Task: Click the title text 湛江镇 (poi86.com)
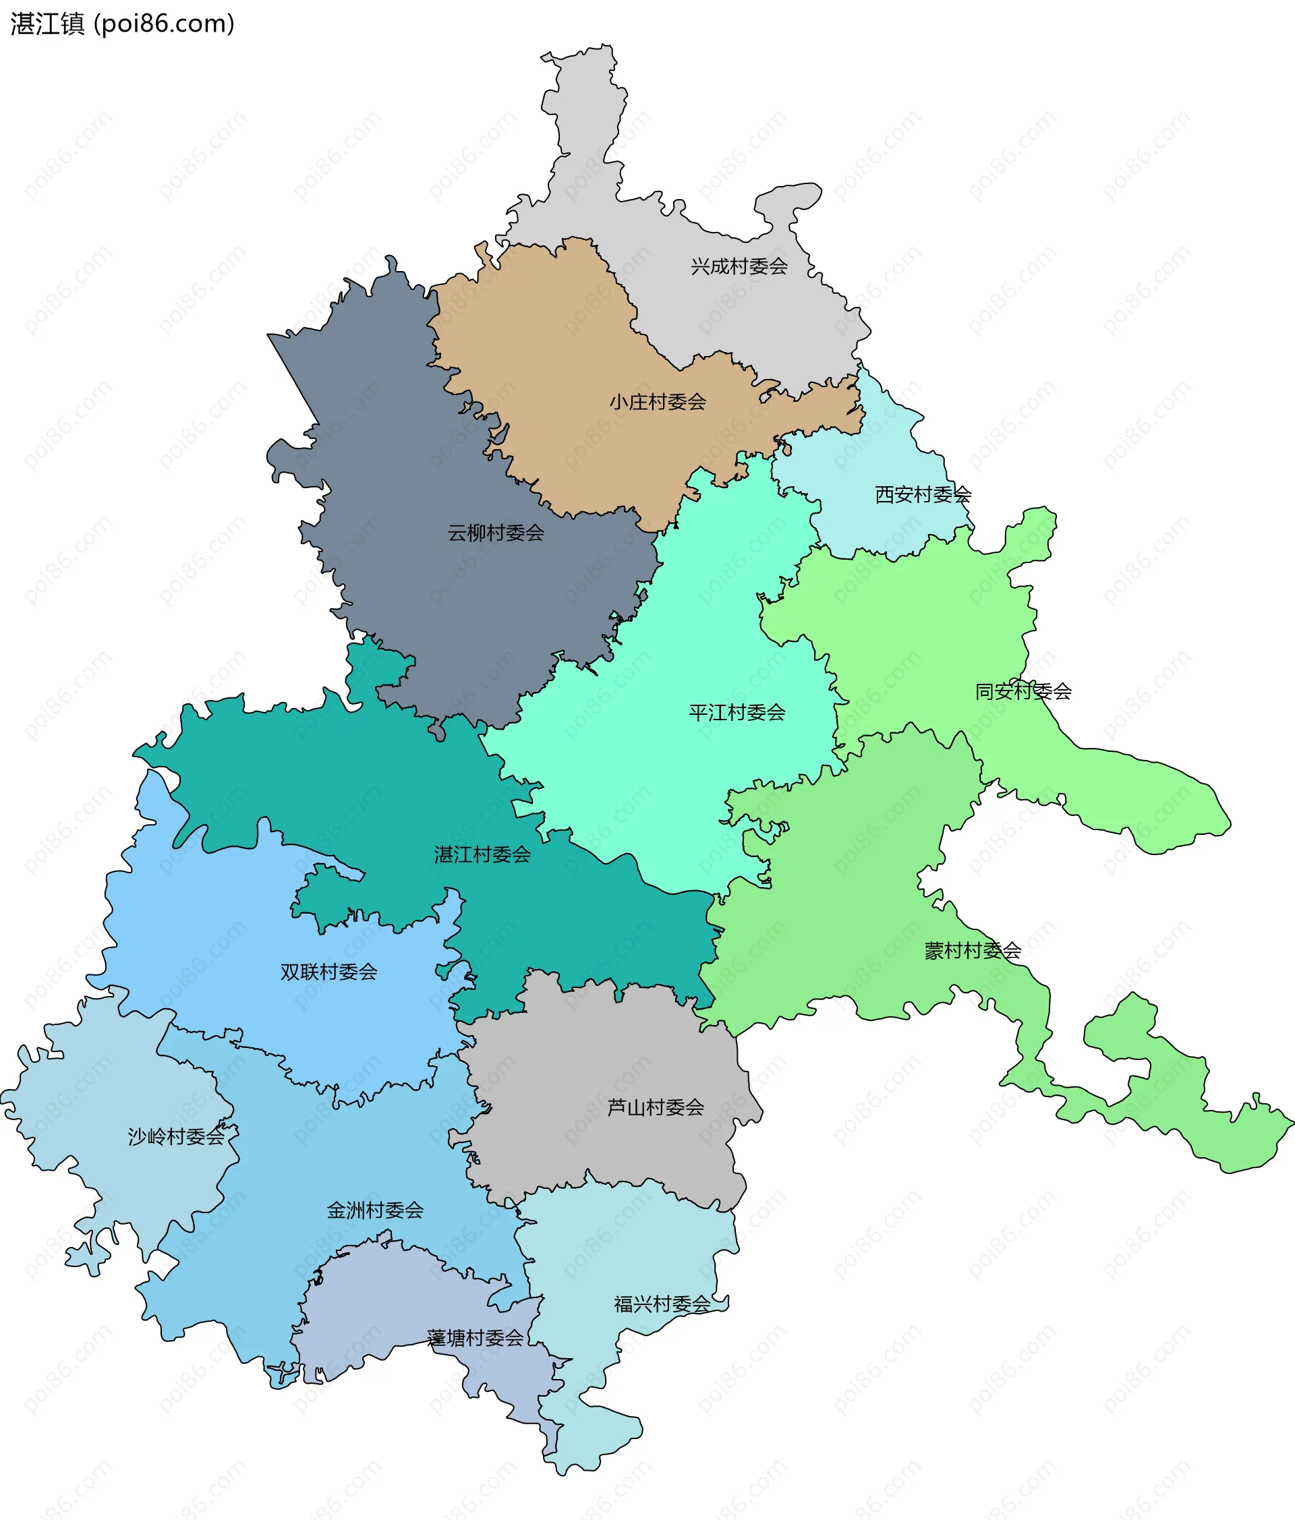(123, 24)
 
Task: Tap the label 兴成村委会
(739, 266)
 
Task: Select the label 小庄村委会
(658, 402)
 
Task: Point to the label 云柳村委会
(496, 533)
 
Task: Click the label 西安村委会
(922, 495)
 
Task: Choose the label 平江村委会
(737, 712)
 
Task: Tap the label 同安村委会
(1023, 691)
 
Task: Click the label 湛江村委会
(482, 854)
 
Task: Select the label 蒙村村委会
(972, 951)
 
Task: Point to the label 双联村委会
(328, 972)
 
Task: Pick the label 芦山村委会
(655, 1107)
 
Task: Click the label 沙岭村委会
(176, 1136)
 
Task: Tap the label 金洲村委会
(375, 1210)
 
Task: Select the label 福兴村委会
(662, 1304)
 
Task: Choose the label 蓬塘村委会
(475, 1338)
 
